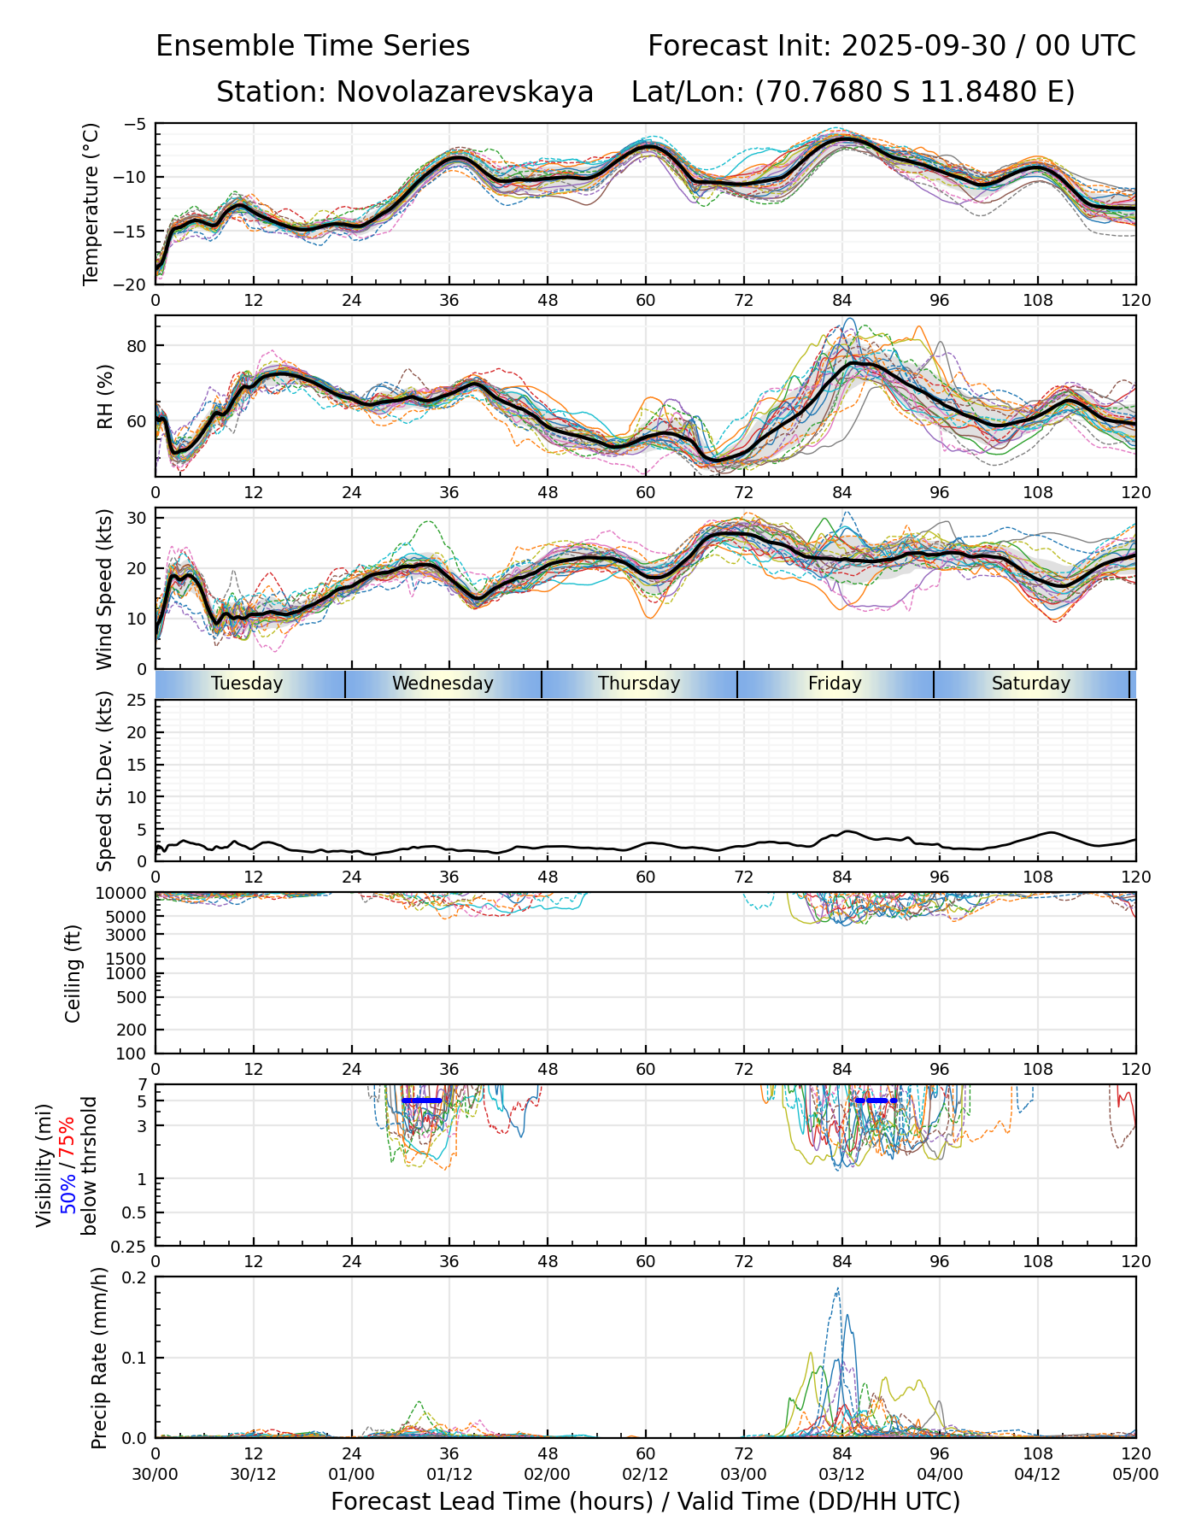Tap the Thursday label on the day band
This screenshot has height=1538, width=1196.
(639, 684)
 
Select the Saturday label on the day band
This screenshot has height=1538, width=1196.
(1030, 684)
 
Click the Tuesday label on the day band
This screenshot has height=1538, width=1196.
(247, 684)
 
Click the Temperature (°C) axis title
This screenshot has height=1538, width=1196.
(91, 203)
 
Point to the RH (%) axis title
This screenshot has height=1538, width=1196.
(105, 396)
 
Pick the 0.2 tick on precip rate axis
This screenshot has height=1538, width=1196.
(135, 1277)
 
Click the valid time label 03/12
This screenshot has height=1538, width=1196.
(841, 1474)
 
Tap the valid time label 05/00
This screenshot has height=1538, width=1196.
(1135, 1474)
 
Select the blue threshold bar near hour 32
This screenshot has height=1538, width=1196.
(421, 1101)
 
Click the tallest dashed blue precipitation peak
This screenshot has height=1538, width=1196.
(837, 1289)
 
